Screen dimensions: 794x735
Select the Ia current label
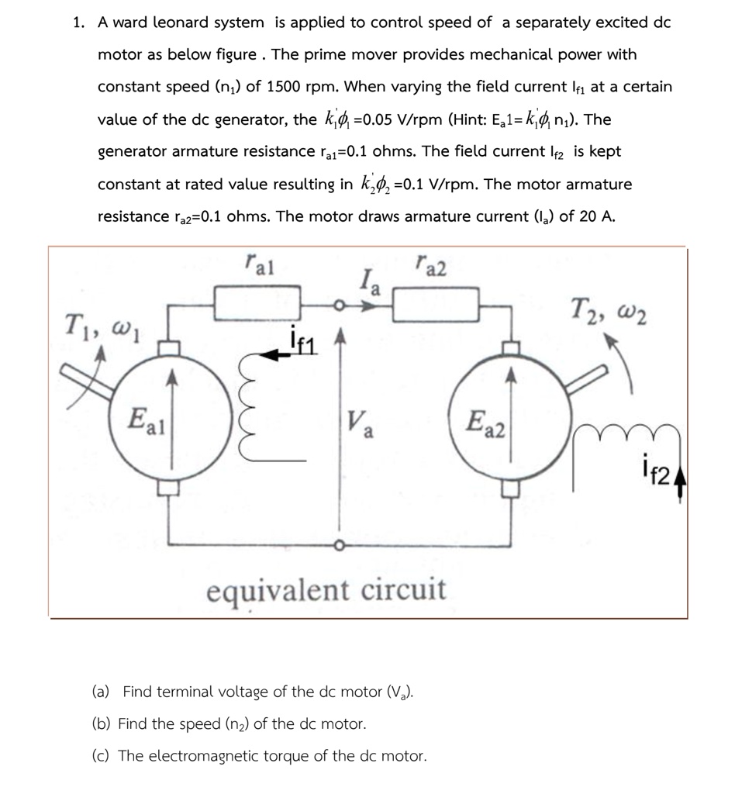click(369, 279)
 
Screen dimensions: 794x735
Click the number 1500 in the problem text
click(291, 87)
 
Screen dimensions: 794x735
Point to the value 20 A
click(597, 216)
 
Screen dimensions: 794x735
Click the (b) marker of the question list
click(102, 723)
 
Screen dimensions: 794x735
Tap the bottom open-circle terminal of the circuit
click(338, 544)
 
